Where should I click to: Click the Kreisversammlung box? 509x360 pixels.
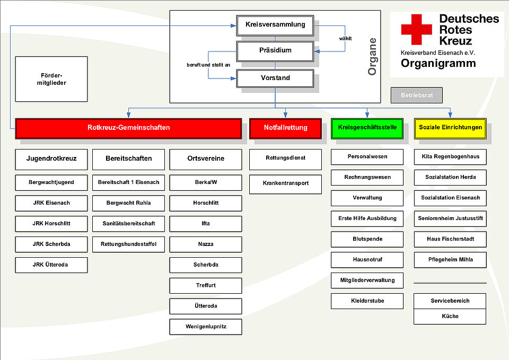pyautogui.click(x=275, y=24)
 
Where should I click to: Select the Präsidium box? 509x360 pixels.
pyautogui.click(x=275, y=51)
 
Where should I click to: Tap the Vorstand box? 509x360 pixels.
pyautogui.click(x=275, y=78)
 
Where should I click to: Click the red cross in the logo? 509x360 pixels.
pyautogui.click(x=416, y=30)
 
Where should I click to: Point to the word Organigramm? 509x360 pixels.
pyautogui.click(x=438, y=64)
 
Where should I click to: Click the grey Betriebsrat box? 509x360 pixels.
pyautogui.click(x=416, y=95)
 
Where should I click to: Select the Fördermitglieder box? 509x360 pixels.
pyautogui.click(x=51, y=79)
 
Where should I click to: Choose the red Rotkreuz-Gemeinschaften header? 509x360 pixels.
pyautogui.click(x=128, y=128)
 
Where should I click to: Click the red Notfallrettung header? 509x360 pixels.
pyautogui.click(x=285, y=128)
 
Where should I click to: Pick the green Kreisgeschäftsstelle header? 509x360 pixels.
pyautogui.click(x=367, y=128)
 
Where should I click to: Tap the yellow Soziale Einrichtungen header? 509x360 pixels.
pyautogui.click(x=450, y=128)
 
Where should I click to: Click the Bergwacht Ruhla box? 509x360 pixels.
pyautogui.click(x=128, y=203)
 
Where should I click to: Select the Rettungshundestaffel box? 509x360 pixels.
pyautogui.click(x=128, y=244)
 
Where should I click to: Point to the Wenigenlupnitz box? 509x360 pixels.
pyautogui.click(x=206, y=327)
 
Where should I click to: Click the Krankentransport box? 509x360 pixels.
pyautogui.click(x=285, y=183)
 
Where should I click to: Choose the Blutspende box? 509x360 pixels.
pyautogui.click(x=367, y=239)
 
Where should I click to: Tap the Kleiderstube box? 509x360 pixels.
pyautogui.click(x=367, y=301)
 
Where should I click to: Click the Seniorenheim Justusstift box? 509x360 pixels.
pyautogui.click(x=450, y=218)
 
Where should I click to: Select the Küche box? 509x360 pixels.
pyautogui.click(x=450, y=316)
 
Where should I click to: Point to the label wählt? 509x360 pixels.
pyautogui.click(x=345, y=38)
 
